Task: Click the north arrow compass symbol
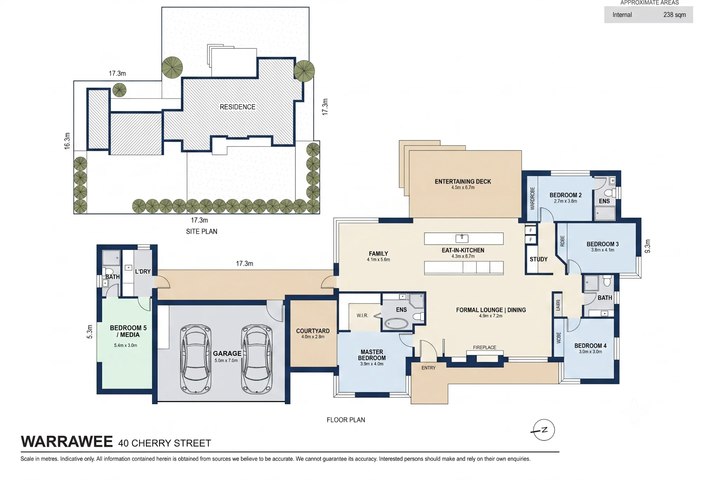tap(544, 430)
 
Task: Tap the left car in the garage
tap(196, 359)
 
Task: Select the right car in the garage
tap(257, 359)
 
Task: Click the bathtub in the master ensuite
tap(397, 323)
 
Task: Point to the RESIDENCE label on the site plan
tap(238, 107)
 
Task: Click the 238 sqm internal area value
tap(674, 15)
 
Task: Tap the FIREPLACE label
tap(484, 347)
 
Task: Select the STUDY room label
tap(538, 259)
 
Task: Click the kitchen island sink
tap(462, 238)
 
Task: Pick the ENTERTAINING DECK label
tap(463, 181)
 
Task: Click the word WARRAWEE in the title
tap(67, 441)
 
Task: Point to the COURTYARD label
tap(313, 331)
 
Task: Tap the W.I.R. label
tap(362, 315)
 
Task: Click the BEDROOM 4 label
tap(590, 346)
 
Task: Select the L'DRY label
tap(143, 272)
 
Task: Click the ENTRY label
tap(429, 368)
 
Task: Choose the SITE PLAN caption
tap(201, 232)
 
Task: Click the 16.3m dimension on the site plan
tap(67, 141)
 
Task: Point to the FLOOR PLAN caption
tap(346, 420)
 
